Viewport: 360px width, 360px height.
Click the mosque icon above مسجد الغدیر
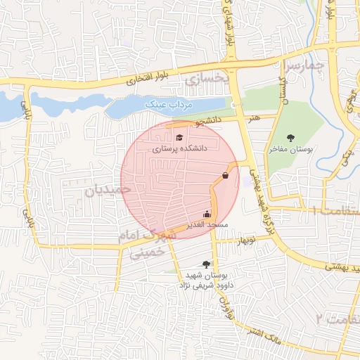tap(207, 214)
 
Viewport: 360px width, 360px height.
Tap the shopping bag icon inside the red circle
tap(225, 175)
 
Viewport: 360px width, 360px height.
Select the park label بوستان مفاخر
tap(290, 150)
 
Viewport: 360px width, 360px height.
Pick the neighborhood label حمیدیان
tap(108, 189)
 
